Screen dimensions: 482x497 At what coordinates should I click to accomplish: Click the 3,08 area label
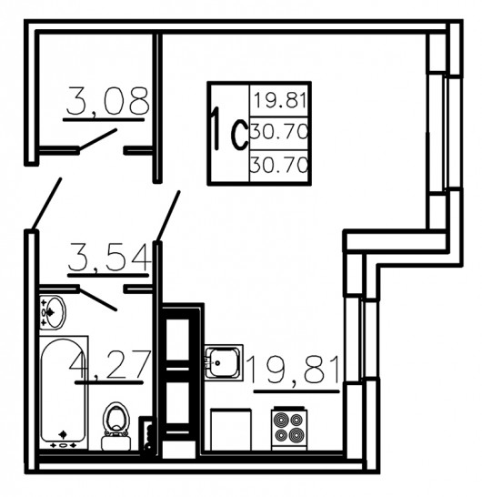click(107, 101)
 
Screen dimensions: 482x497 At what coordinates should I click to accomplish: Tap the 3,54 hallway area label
click(109, 257)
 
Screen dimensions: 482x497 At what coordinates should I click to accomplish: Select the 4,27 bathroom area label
click(109, 364)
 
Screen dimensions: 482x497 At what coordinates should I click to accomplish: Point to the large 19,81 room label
click(295, 370)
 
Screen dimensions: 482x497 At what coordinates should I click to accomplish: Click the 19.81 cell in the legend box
click(280, 100)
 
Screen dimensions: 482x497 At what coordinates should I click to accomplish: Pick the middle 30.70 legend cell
click(279, 132)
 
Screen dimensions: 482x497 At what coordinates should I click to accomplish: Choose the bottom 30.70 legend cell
click(279, 165)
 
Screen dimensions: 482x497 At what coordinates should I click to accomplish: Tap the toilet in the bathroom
click(115, 426)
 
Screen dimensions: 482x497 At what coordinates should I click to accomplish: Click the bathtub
click(64, 392)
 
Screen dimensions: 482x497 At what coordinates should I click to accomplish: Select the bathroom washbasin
click(52, 312)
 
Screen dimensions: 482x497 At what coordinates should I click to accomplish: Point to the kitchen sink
click(224, 362)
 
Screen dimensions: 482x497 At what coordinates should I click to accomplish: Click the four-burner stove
click(289, 428)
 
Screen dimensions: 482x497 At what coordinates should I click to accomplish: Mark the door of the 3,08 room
click(97, 139)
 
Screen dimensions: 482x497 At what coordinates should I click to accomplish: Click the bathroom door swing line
click(97, 299)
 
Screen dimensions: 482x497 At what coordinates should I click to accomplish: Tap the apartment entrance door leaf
click(46, 203)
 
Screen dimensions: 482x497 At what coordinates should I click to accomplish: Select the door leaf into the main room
click(168, 216)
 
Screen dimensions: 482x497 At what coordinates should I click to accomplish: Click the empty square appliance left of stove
click(231, 429)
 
